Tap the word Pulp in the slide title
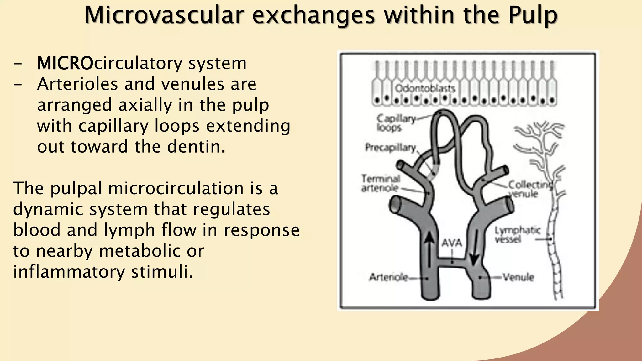(533, 16)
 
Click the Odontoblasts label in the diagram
(425, 88)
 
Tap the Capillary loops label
(396, 123)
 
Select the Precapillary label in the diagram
(390, 147)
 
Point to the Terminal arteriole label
(381, 183)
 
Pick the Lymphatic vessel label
(517, 235)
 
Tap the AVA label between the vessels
(452, 243)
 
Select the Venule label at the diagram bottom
(518, 277)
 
